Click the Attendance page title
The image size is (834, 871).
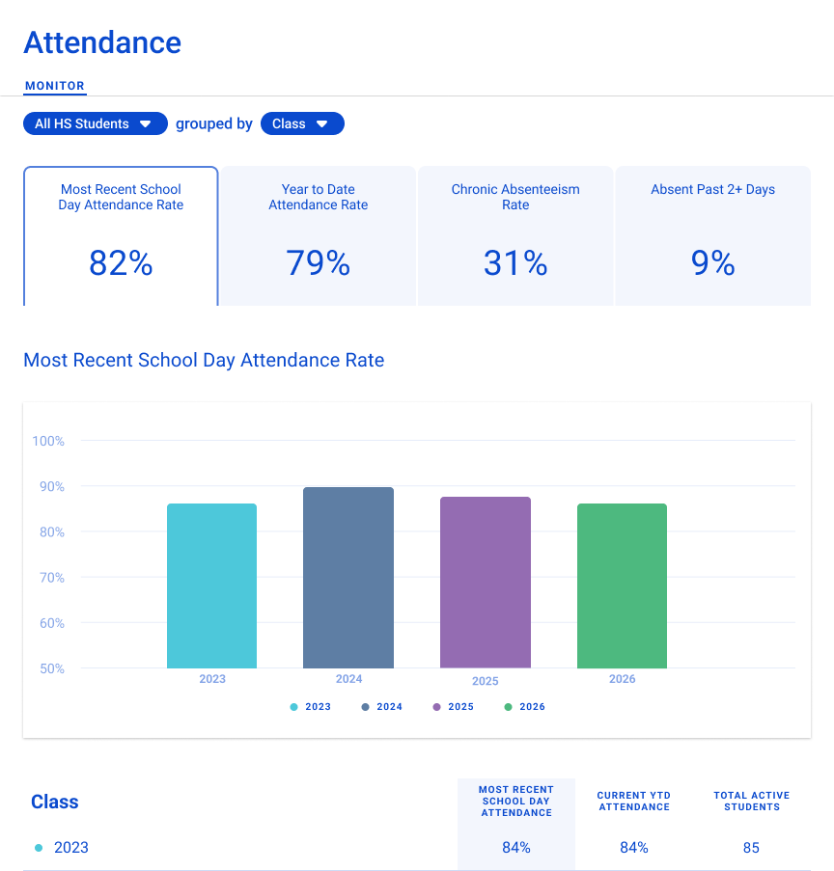[102, 42]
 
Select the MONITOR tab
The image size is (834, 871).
[55, 86]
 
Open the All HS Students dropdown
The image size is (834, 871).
[95, 123]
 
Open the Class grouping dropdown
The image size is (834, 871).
[301, 123]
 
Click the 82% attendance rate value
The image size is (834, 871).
[121, 263]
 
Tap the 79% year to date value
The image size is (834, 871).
[318, 263]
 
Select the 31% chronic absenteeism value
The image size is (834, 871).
[515, 263]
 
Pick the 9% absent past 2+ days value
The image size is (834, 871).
[712, 263]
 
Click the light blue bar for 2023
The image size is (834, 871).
[211, 585]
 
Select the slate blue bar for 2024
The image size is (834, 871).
[348, 578]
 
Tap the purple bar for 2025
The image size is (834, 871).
[486, 583]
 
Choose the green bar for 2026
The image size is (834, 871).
[622, 585]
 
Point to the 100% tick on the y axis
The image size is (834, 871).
[48, 441]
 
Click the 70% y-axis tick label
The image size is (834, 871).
[48, 578]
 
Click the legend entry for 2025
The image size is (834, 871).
[454, 707]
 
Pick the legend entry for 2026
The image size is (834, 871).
[525, 707]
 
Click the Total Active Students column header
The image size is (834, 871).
[751, 802]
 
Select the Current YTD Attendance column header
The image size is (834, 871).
[633, 802]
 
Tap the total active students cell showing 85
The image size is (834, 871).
[751, 848]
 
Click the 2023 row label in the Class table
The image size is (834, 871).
[70, 848]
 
